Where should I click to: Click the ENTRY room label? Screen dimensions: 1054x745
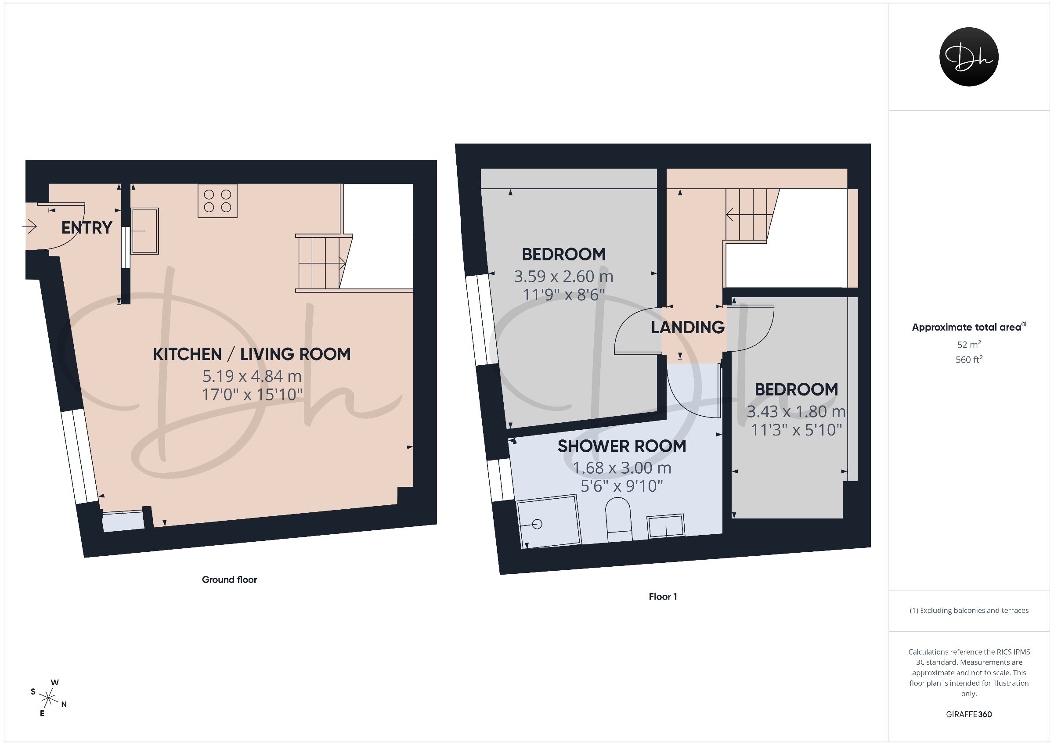(x=87, y=228)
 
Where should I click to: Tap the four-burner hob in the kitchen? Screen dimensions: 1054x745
(x=217, y=201)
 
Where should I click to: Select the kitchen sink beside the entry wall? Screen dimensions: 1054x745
(x=145, y=231)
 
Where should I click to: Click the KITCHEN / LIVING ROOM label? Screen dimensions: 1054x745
(x=252, y=354)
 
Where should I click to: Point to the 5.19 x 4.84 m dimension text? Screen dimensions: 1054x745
(x=252, y=376)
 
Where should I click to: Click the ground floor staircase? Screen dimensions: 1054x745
(x=324, y=263)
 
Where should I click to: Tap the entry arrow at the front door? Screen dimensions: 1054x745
(x=29, y=226)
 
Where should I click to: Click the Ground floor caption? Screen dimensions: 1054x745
(x=230, y=580)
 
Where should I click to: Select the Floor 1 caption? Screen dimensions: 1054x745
(x=663, y=597)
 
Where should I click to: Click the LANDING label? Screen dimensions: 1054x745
(x=688, y=328)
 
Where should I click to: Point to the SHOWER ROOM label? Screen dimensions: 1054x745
(x=622, y=446)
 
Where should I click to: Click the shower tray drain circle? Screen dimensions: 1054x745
(x=537, y=524)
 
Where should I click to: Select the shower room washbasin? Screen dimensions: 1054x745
(x=666, y=526)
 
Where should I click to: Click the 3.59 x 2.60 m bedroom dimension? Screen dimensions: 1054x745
(x=564, y=276)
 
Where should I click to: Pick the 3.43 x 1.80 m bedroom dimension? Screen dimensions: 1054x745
(x=797, y=412)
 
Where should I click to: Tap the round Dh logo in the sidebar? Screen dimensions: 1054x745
(x=969, y=57)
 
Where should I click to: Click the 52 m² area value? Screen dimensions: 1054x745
(x=969, y=344)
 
